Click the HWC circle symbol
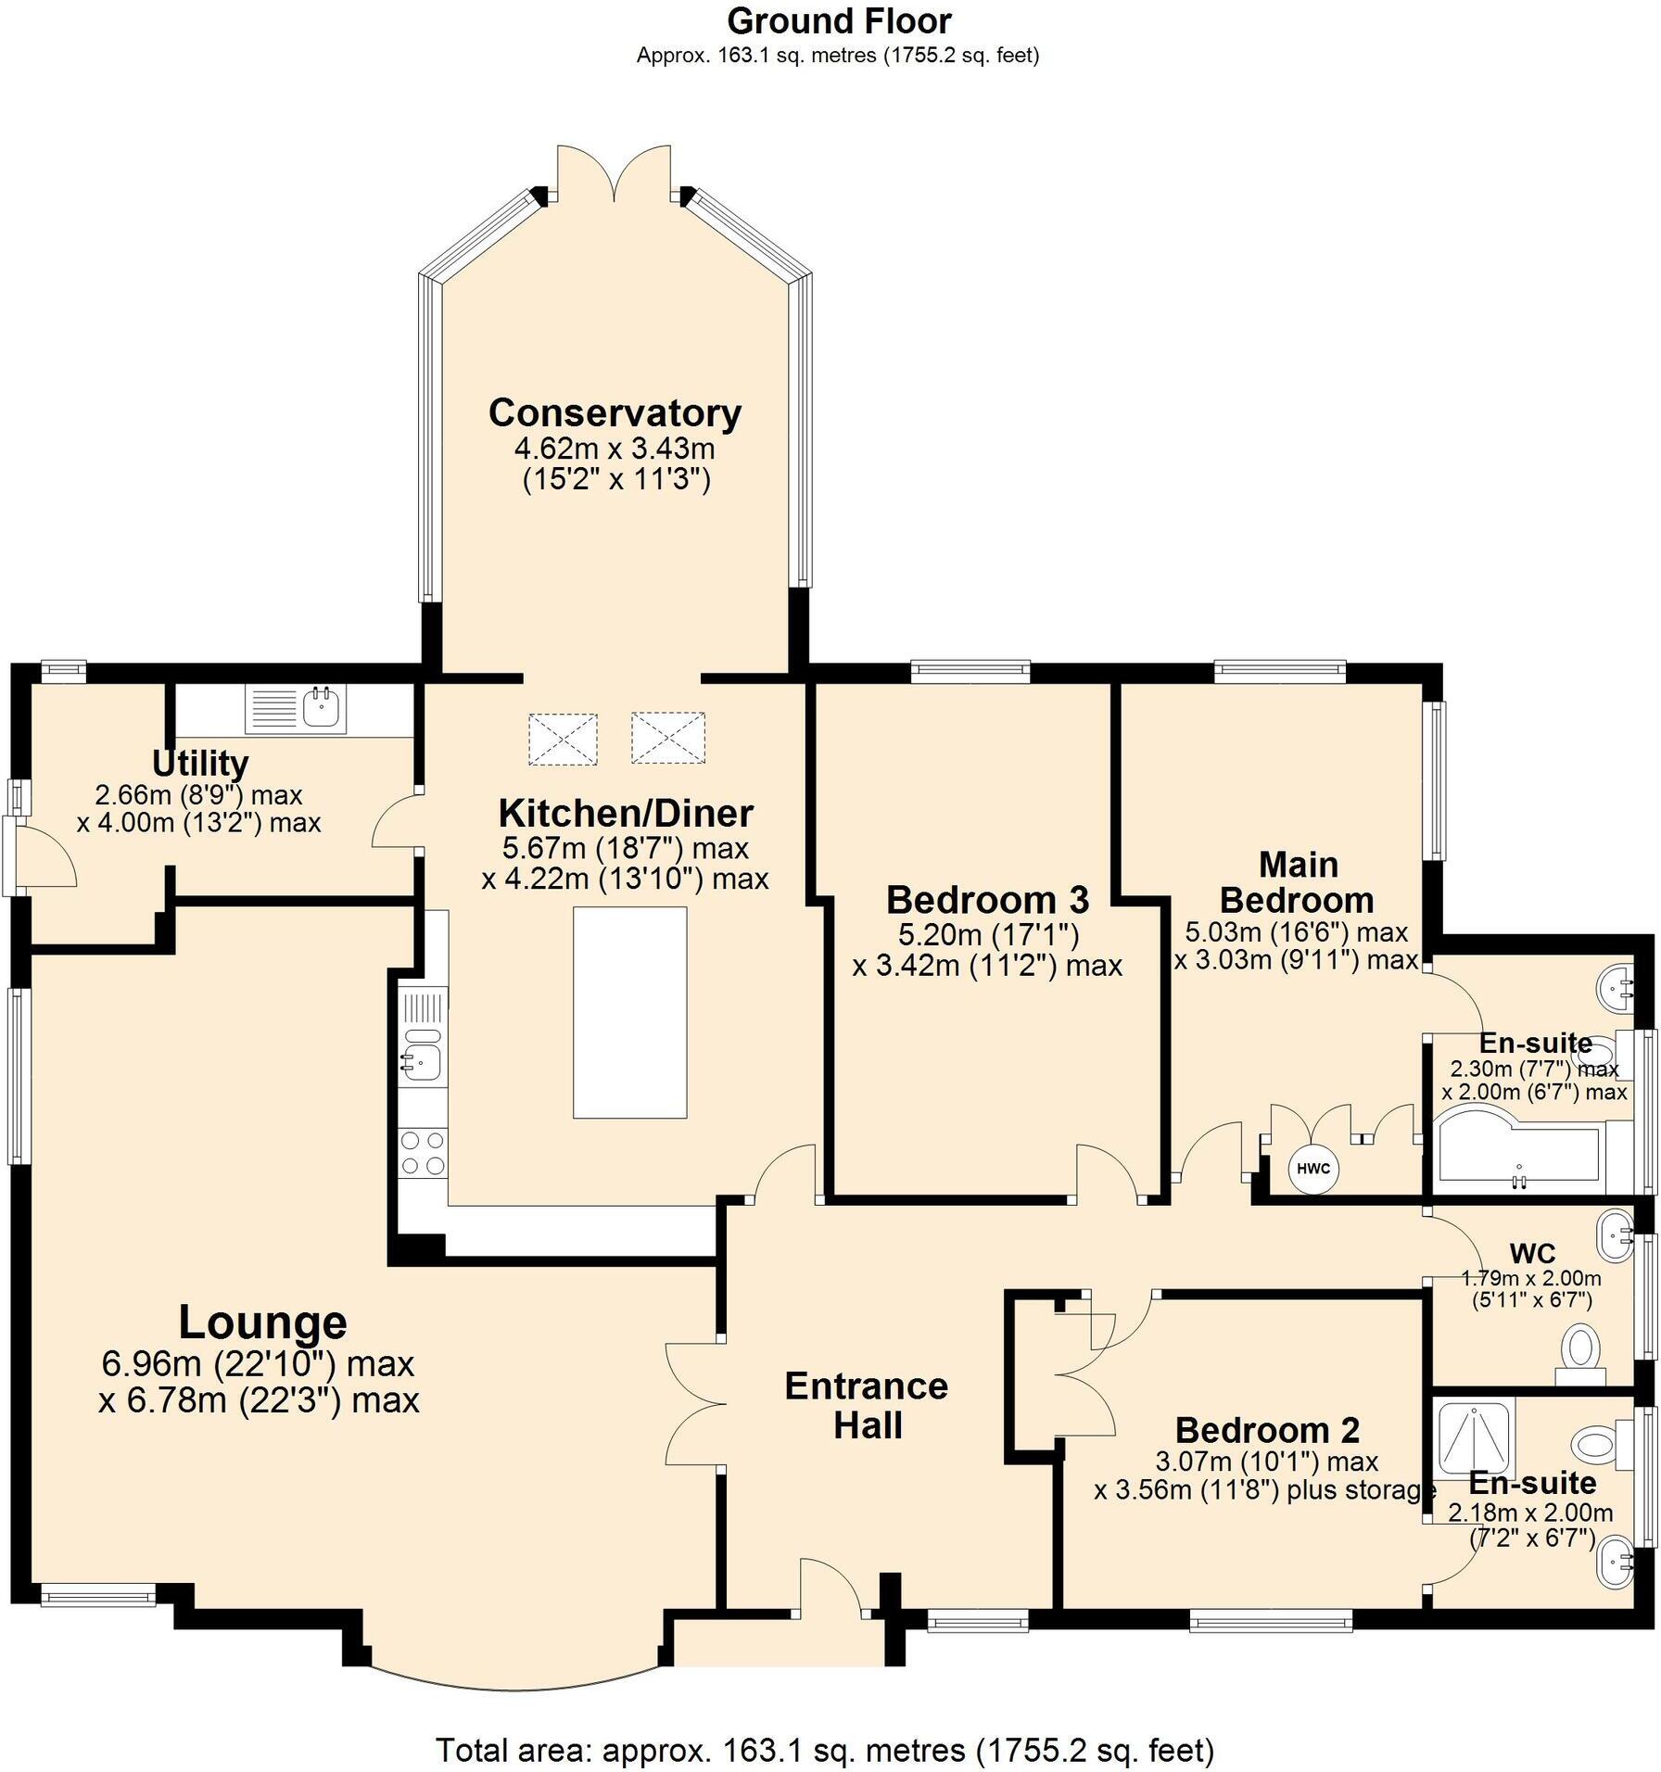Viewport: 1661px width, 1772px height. click(1313, 1168)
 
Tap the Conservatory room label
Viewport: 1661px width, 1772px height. click(615, 412)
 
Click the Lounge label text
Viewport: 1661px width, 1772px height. click(262, 1322)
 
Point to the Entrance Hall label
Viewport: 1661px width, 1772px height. click(867, 1406)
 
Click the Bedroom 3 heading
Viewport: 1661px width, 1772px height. click(988, 899)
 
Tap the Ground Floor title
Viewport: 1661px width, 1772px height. click(839, 20)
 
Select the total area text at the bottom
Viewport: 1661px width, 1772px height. click(825, 1750)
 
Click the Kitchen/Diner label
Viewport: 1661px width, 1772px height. click(627, 813)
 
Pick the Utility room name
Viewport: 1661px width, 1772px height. click(200, 764)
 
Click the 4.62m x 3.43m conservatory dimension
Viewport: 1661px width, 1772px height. click(615, 449)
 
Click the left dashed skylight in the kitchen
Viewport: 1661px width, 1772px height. click(563, 739)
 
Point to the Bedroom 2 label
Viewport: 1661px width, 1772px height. click(1267, 1430)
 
